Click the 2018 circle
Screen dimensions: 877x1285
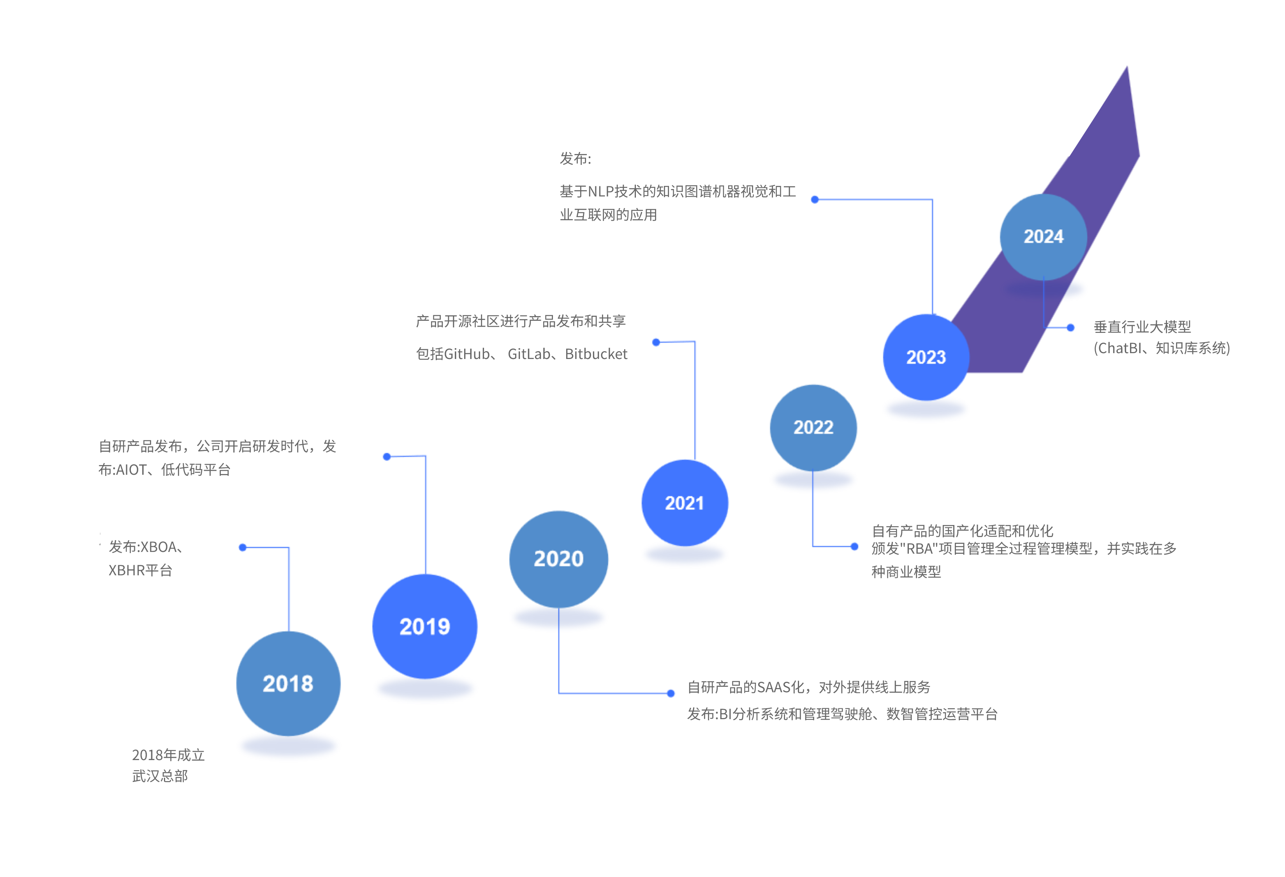(288, 684)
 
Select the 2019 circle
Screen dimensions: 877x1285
(425, 626)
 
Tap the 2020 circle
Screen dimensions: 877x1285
(558, 559)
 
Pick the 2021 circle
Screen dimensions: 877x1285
(685, 503)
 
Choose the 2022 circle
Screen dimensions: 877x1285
(813, 427)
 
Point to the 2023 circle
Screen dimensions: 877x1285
(926, 357)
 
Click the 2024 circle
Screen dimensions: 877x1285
(1043, 237)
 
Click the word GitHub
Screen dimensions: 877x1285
(466, 354)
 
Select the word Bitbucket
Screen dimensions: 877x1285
(596, 354)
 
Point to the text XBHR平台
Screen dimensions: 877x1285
(141, 571)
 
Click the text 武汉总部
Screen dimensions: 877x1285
(160, 776)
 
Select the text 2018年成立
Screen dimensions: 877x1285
(168, 755)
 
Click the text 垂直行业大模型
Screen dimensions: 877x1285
(1142, 327)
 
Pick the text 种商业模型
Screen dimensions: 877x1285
(906, 572)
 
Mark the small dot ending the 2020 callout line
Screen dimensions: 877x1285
(671, 693)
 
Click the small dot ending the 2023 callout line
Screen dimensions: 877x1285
(815, 200)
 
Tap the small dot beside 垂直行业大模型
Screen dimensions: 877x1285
(1070, 327)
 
